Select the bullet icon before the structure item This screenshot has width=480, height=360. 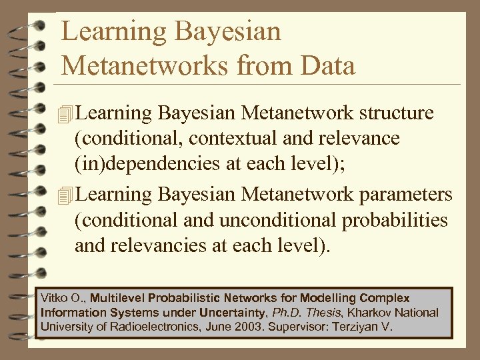pyautogui.click(x=65, y=113)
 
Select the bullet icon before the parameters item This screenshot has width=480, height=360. pyautogui.click(x=65, y=195)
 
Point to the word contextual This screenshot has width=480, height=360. pyautogui.click(x=229, y=138)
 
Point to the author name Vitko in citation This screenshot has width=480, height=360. pyautogui.click(x=55, y=298)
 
